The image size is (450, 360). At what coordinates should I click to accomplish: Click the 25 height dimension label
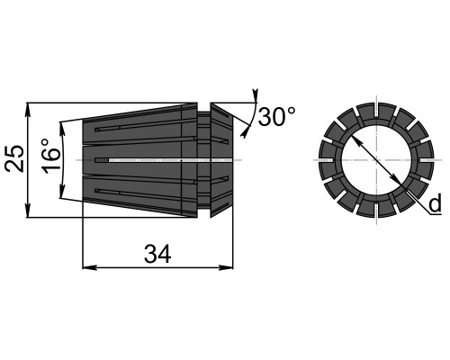click(14, 158)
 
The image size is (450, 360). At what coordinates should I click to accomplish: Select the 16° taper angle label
click(50, 156)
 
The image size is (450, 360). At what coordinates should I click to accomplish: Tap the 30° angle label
click(276, 117)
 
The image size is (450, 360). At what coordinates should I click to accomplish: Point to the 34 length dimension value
click(157, 254)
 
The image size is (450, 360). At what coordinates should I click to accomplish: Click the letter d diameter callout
click(435, 203)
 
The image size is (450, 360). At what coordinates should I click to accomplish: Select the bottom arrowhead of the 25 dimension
click(28, 211)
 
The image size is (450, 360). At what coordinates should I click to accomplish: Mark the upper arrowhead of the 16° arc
click(62, 128)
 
